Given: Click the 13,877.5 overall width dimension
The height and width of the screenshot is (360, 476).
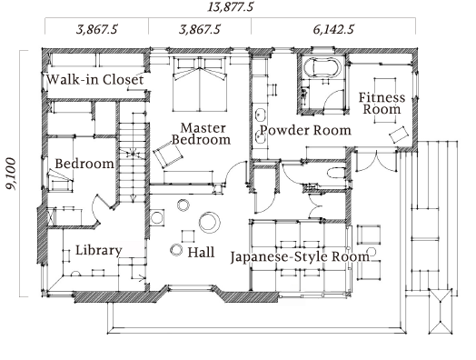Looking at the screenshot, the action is [x=230, y=6].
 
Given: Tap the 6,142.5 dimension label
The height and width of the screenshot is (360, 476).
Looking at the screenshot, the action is [x=333, y=29].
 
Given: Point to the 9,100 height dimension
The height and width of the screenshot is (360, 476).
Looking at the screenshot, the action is [x=12, y=174].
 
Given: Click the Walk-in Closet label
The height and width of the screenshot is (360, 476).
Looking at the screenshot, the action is [x=95, y=80].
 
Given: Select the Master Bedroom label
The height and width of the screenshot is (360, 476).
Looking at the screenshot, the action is [x=202, y=134].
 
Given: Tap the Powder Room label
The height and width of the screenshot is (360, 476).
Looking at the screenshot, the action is [x=305, y=130].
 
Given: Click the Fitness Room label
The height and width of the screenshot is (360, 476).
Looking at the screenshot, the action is [x=382, y=104].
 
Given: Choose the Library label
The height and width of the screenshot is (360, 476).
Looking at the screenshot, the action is [x=99, y=250].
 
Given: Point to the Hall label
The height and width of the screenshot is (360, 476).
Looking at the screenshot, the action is [x=201, y=252].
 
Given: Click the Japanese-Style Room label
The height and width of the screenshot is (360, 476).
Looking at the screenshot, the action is [x=300, y=257].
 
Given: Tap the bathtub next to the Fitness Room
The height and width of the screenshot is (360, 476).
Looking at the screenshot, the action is [x=322, y=68].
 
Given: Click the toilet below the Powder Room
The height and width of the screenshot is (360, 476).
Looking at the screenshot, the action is [x=336, y=173].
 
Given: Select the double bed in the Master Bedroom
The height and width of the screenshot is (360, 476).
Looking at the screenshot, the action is [x=200, y=85].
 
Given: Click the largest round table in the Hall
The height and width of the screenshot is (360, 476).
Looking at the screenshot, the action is [x=210, y=222].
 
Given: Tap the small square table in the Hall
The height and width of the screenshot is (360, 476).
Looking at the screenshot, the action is [x=188, y=236].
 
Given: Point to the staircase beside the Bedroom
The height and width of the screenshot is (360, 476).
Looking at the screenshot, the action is [x=133, y=158].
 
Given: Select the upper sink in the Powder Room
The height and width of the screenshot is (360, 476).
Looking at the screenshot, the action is [x=261, y=115].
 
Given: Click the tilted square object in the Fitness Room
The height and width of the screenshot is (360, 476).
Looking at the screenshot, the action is [x=399, y=135].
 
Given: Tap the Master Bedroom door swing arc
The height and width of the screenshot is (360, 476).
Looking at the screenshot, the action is [x=233, y=167].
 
